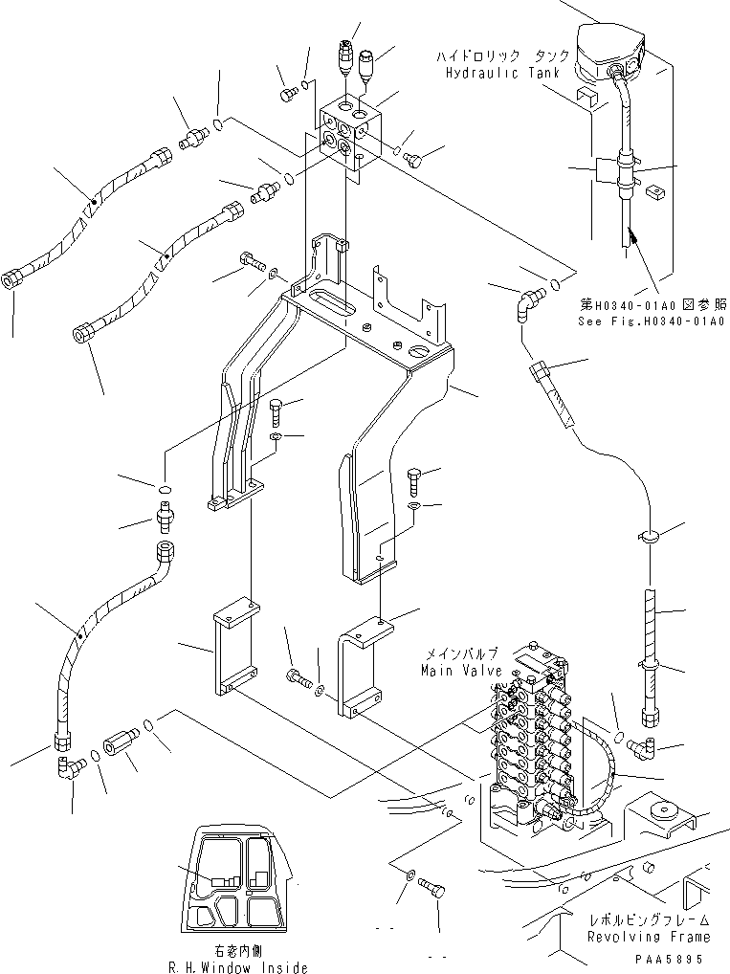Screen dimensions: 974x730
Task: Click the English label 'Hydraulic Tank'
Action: pos(496,74)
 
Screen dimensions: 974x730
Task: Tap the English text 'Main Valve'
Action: pos(460,671)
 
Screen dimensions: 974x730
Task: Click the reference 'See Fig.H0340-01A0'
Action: pos(651,321)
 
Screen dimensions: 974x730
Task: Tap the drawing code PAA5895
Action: pos(674,958)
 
